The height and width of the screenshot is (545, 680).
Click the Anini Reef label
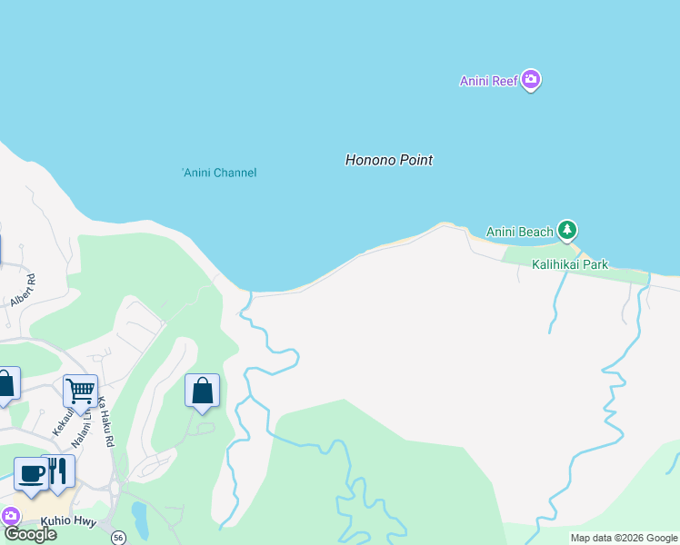(x=488, y=81)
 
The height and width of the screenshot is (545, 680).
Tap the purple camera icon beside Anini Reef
(x=532, y=81)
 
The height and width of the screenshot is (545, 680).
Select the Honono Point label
(x=388, y=160)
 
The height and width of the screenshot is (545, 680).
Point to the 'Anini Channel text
(x=219, y=173)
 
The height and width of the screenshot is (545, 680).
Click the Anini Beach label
(x=519, y=232)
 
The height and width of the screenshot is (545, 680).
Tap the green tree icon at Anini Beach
(x=568, y=231)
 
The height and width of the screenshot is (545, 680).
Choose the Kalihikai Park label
(x=571, y=264)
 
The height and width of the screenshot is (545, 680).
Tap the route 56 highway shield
(x=118, y=538)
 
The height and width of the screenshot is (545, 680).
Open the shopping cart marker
(x=80, y=391)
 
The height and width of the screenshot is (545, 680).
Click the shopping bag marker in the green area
(x=202, y=391)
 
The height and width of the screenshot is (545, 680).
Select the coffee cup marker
(x=31, y=473)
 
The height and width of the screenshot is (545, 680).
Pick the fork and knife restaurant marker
(x=58, y=471)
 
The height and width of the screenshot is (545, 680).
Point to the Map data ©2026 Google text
(x=623, y=538)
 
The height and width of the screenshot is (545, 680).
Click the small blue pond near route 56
(x=139, y=520)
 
